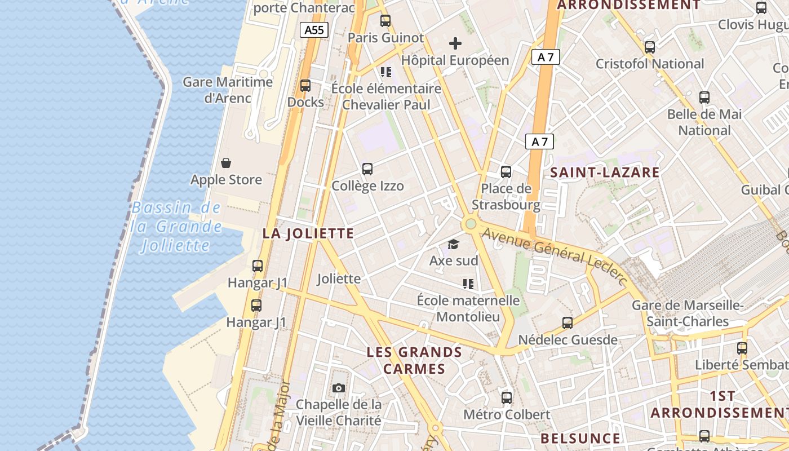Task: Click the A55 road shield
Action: click(314, 30)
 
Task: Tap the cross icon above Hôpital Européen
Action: click(455, 43)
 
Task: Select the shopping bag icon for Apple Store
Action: click(226, 163)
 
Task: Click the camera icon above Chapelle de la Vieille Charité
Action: click(339, 388)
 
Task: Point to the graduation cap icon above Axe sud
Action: click(453, 244)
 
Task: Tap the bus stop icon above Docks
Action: click(305, 86)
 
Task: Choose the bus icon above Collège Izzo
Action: click(367, 169)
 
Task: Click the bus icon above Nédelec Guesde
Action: click(568, 323)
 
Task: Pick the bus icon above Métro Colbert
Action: click(507, 398)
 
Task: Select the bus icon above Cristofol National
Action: click(650, 47)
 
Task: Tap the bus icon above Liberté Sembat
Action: click(742, 348)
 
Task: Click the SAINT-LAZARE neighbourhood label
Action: click(605, 173)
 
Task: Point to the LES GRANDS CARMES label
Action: click(414, 361)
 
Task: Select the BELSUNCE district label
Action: click(580, 438)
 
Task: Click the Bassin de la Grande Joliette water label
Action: click(176, 227)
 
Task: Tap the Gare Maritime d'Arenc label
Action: click(228, 90)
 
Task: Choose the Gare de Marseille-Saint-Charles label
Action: click(688, 313)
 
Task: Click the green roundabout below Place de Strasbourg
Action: click(471, 224)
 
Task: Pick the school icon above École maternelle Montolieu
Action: click(468, 284)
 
